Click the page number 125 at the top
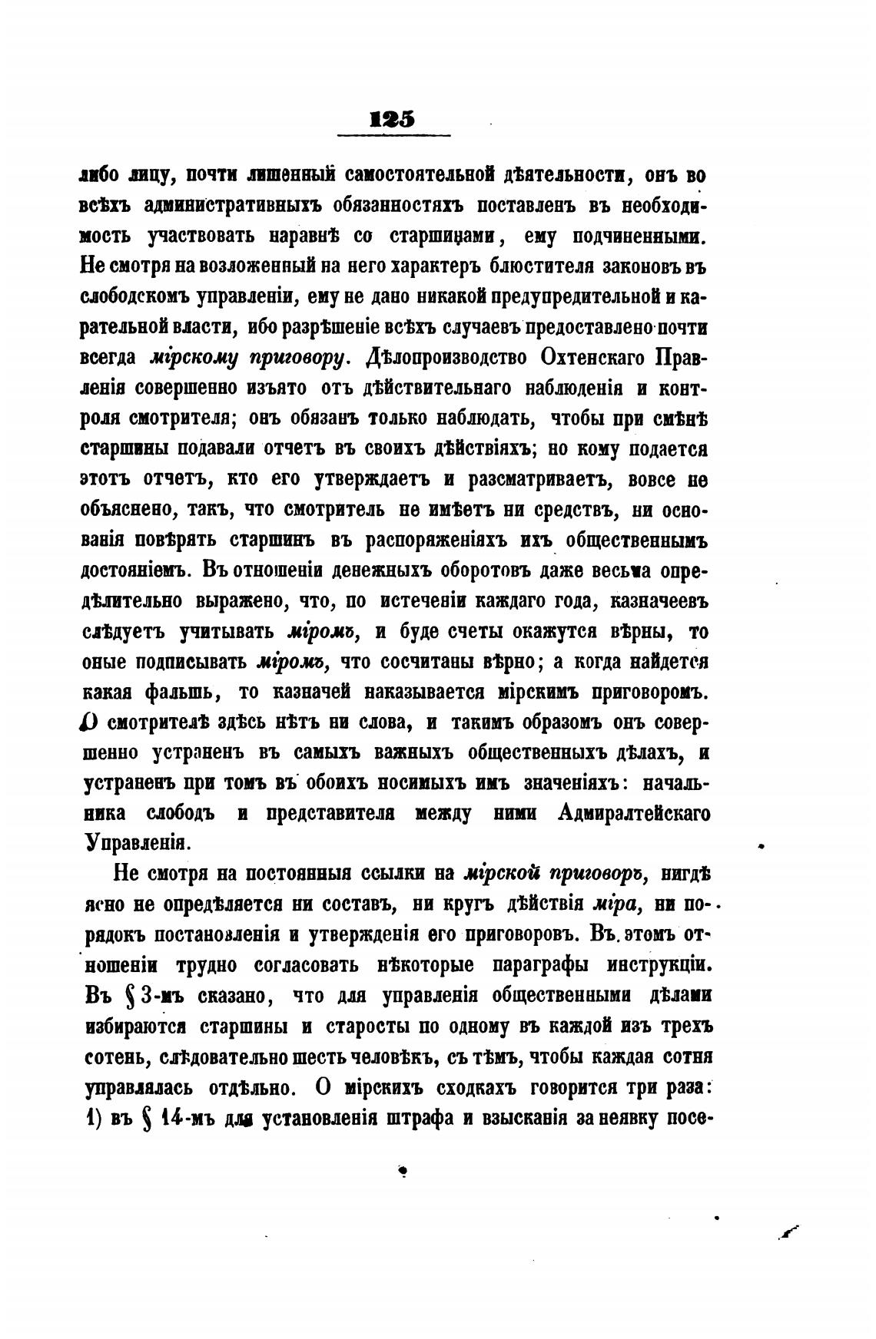(x=393, y=119)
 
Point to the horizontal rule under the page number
(x=393, y=137)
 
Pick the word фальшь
(x=181, y=693)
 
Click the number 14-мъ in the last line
(x=182, y=1118)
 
